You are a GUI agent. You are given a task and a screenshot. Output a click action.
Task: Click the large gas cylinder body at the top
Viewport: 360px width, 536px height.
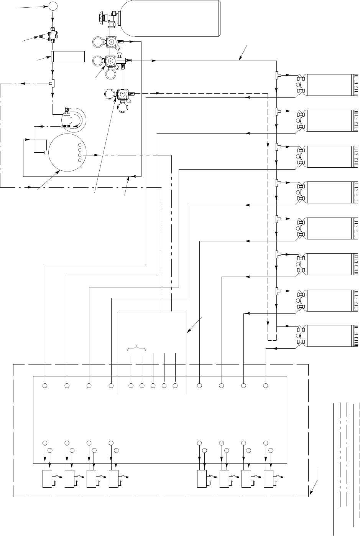171,18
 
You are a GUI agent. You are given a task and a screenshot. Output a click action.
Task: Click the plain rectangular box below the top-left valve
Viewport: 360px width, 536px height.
67,57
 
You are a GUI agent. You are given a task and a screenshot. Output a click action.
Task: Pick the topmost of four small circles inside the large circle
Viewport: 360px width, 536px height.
80,145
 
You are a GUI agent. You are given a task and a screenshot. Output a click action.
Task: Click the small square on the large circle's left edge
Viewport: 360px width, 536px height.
47,153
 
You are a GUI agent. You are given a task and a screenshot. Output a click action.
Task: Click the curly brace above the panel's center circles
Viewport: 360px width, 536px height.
136,349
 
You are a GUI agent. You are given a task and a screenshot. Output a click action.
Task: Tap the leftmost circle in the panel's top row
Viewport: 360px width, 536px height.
45,385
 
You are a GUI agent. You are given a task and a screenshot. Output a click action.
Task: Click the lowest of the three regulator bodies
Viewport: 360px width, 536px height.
123,94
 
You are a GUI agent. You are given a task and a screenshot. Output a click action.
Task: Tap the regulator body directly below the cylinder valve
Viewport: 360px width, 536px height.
112,41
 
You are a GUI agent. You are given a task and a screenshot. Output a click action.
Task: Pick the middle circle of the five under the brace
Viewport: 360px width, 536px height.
153,385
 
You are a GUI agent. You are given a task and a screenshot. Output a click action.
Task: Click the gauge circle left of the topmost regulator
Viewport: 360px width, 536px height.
97,41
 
